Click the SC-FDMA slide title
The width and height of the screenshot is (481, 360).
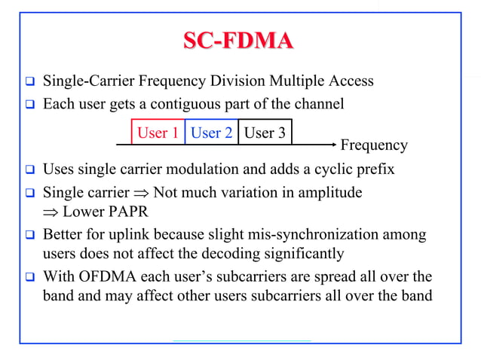(238, 41)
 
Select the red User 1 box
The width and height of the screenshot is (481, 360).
(158, 133)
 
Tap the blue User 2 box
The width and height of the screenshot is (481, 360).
(211, 133)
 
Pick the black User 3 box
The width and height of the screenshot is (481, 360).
(265, 133)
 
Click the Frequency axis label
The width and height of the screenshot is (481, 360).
(374, 145)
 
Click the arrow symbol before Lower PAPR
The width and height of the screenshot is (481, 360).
(49, 211)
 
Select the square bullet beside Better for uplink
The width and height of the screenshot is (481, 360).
(29, 234)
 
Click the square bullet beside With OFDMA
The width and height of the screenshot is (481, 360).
(29, 276)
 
